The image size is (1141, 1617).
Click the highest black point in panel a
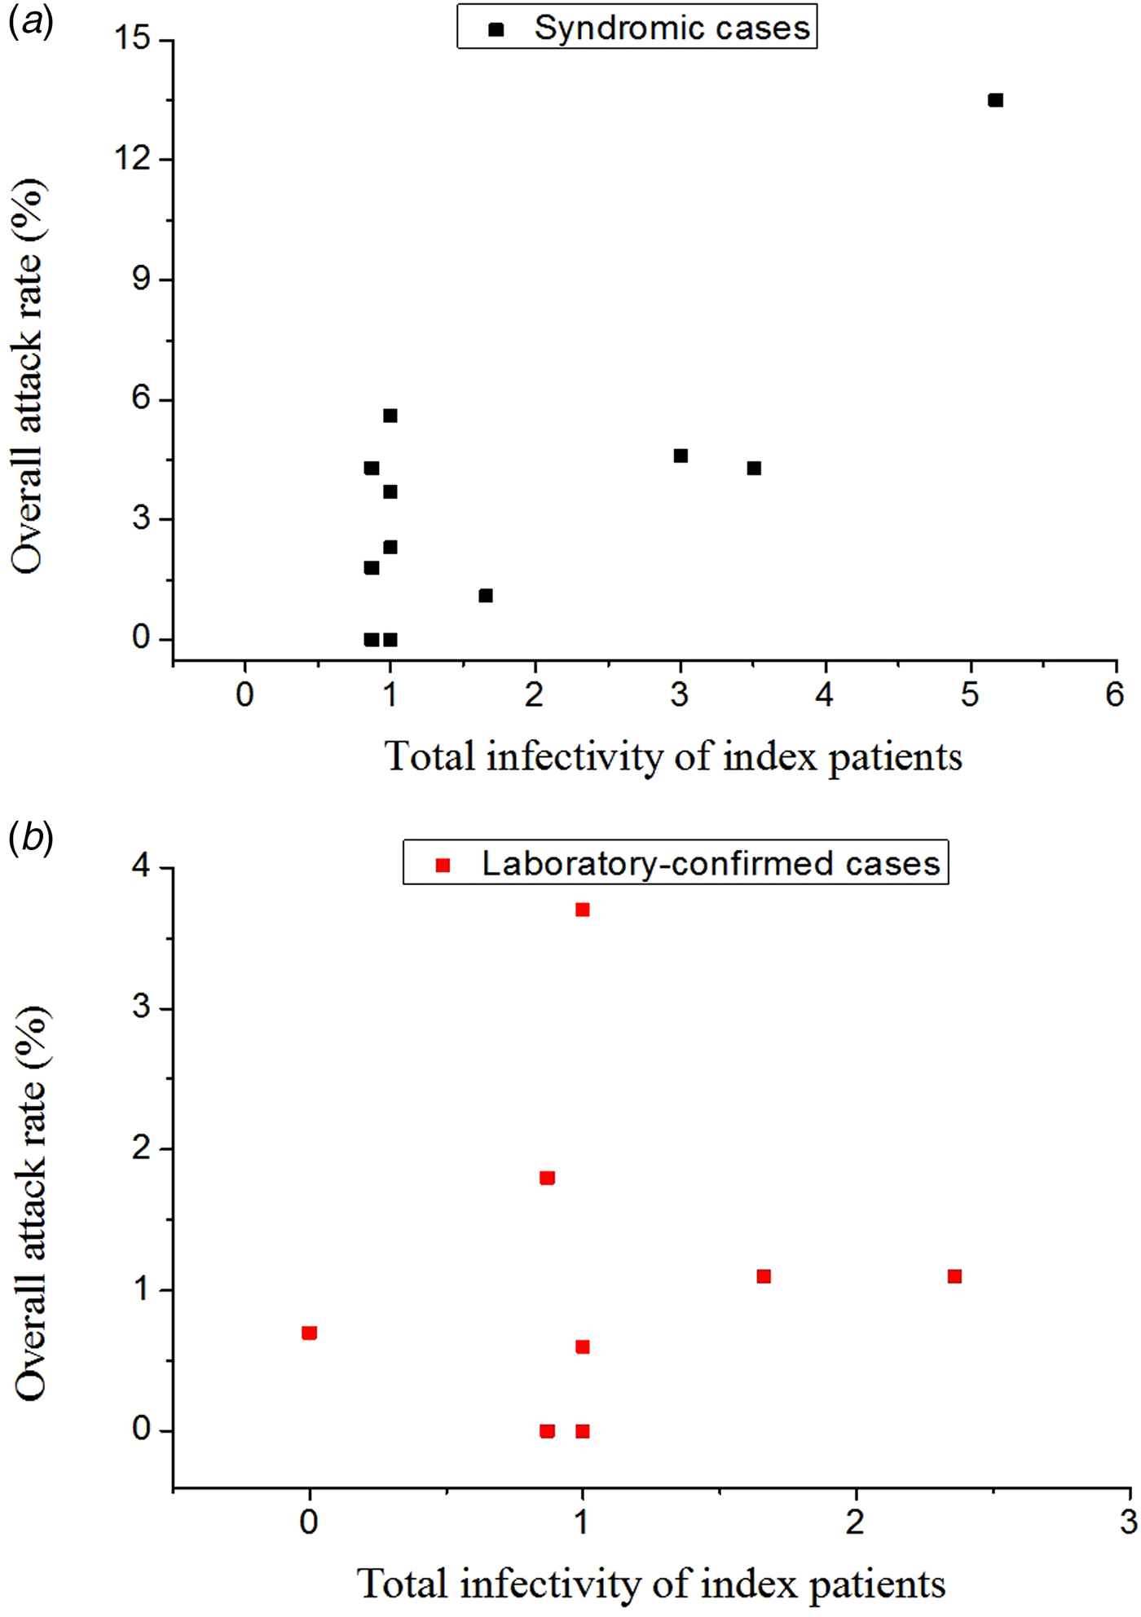coord(995,100)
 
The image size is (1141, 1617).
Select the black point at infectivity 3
coord(681,456)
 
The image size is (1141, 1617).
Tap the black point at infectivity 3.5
coord(754,469)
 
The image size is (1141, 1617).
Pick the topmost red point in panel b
coord(582,910)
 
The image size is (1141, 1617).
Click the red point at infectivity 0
coord(309,1333)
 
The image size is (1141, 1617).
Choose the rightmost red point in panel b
coord(954,1276)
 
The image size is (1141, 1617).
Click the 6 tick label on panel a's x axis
coord(1114,695)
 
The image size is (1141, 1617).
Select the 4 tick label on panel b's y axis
coord(141,866)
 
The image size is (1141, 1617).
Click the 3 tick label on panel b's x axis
coord(1129,1522)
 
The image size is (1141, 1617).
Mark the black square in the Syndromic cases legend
coord(496,29)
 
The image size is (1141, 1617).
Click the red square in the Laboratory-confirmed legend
coord(443,865)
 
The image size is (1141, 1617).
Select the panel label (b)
coord(30,838)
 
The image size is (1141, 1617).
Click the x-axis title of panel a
coord(673,757)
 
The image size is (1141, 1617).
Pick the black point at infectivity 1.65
coord(486,596)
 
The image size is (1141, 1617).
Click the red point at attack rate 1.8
coord(547,1178)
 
